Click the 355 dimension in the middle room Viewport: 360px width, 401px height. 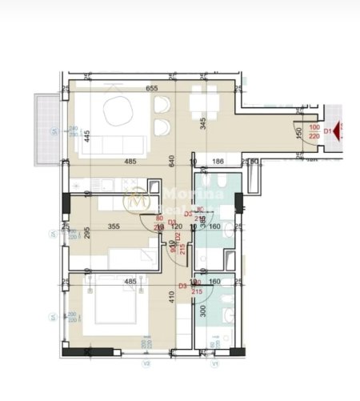pyautogui.click(x=114, y=227)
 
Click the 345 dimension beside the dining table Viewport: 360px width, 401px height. pyautogui.click(x=203, y=123)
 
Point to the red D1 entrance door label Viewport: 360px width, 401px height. pyautogui.click(x=327, y=130)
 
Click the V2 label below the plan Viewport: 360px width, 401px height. pyautogui.click(x=146, y=363)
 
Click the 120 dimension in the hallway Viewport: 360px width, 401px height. pyautogui.click(x=176, y=227)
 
